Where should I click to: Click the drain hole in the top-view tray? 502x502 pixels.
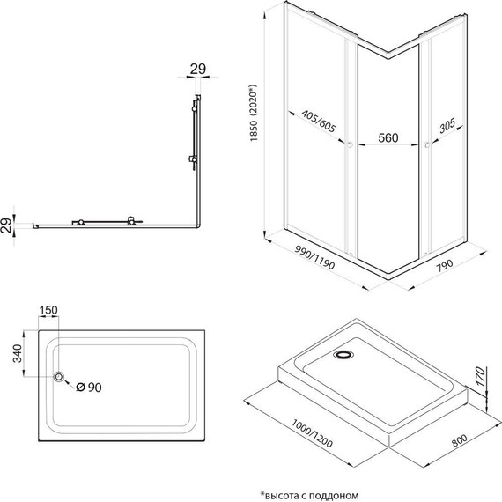[x=60, y=378]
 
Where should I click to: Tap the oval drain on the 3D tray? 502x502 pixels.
[x=343, y=355]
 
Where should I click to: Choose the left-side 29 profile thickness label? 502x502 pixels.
[x=8, y=225]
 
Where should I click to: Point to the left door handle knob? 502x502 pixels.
[x=351, y=144]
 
